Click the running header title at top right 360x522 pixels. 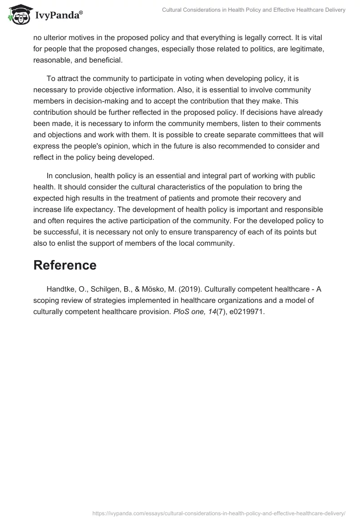pos(254,10)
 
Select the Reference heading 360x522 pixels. pos(65,265)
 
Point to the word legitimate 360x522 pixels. pos(305,49)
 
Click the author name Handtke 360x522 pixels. pos(60,289)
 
